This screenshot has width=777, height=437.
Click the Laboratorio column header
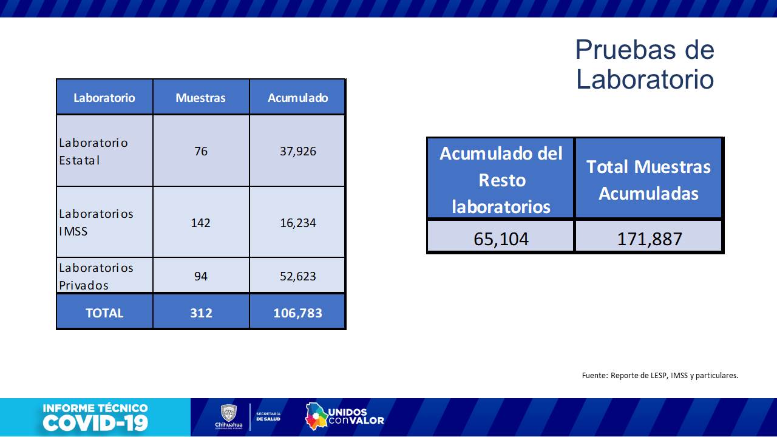(104, 98)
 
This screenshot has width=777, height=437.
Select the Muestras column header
(200, 98)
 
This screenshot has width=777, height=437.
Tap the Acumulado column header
(297, 98)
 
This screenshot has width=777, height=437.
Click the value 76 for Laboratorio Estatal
(200, 151)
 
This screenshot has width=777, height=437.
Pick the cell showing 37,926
(297, 151)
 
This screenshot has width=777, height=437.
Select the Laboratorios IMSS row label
(96, 222)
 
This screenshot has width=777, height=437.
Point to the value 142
(200, 223)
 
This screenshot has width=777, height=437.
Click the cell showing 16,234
(297, 223)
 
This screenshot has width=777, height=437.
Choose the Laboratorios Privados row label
(96, 276)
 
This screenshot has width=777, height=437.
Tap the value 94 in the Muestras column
(200, 276)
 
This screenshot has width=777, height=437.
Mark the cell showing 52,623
(297, 276)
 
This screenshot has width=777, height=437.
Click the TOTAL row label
(104, 313)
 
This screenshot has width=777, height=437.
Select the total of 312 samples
(200, 313)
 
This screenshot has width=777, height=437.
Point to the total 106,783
(297, 313)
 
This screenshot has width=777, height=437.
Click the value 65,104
(501, 239)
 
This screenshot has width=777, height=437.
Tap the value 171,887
(649, 239)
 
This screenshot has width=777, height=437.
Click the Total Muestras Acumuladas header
(648, 180)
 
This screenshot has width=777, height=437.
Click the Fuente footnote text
(660, 375)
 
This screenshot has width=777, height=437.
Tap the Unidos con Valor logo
(344, 416)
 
